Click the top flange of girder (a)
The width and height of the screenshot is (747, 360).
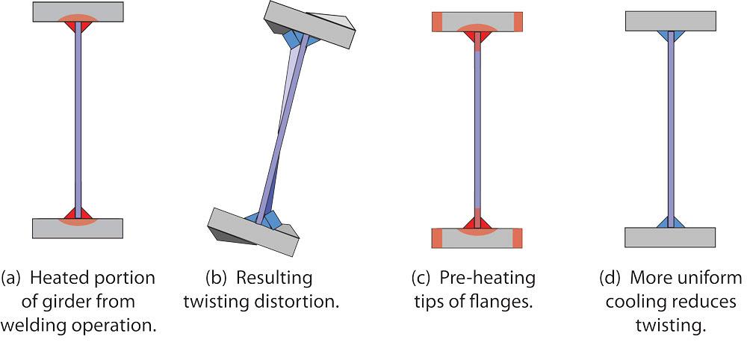[52, 10]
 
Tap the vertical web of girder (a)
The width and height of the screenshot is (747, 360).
[78, 120]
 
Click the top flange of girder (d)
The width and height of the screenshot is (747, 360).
[670, 21]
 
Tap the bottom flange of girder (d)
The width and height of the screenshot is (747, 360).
[670, 237]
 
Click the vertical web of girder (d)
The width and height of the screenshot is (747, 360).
[670, 127]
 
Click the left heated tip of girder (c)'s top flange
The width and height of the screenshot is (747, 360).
[437, 22]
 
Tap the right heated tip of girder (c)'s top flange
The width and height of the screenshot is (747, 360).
[517, 22]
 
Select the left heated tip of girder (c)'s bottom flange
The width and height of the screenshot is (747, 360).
[437, 238]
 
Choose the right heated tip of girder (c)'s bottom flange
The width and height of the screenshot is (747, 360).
[517, 238]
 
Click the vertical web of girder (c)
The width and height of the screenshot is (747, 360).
[477, 127]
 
